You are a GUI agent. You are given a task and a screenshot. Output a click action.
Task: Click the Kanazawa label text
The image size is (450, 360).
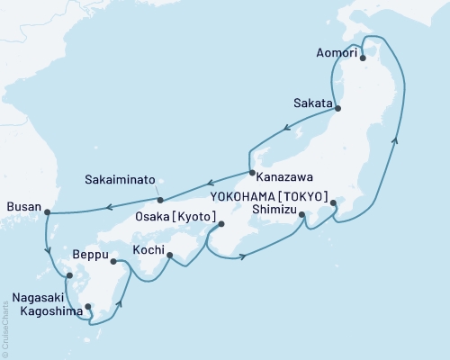[x=281, y=177]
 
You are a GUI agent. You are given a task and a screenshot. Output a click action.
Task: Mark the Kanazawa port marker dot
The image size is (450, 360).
[x=251, y=172]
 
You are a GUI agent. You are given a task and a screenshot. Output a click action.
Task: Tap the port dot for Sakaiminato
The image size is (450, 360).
[x=159, y=199]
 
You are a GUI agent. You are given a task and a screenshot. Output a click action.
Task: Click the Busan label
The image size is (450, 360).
[x=23, y=207]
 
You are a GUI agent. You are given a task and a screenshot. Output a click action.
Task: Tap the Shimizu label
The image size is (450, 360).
[x=274, y=209]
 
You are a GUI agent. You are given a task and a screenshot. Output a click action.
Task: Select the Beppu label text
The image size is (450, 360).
[x=89, y=255]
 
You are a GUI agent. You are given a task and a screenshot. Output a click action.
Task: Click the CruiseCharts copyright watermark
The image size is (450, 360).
[x=5, y=329]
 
